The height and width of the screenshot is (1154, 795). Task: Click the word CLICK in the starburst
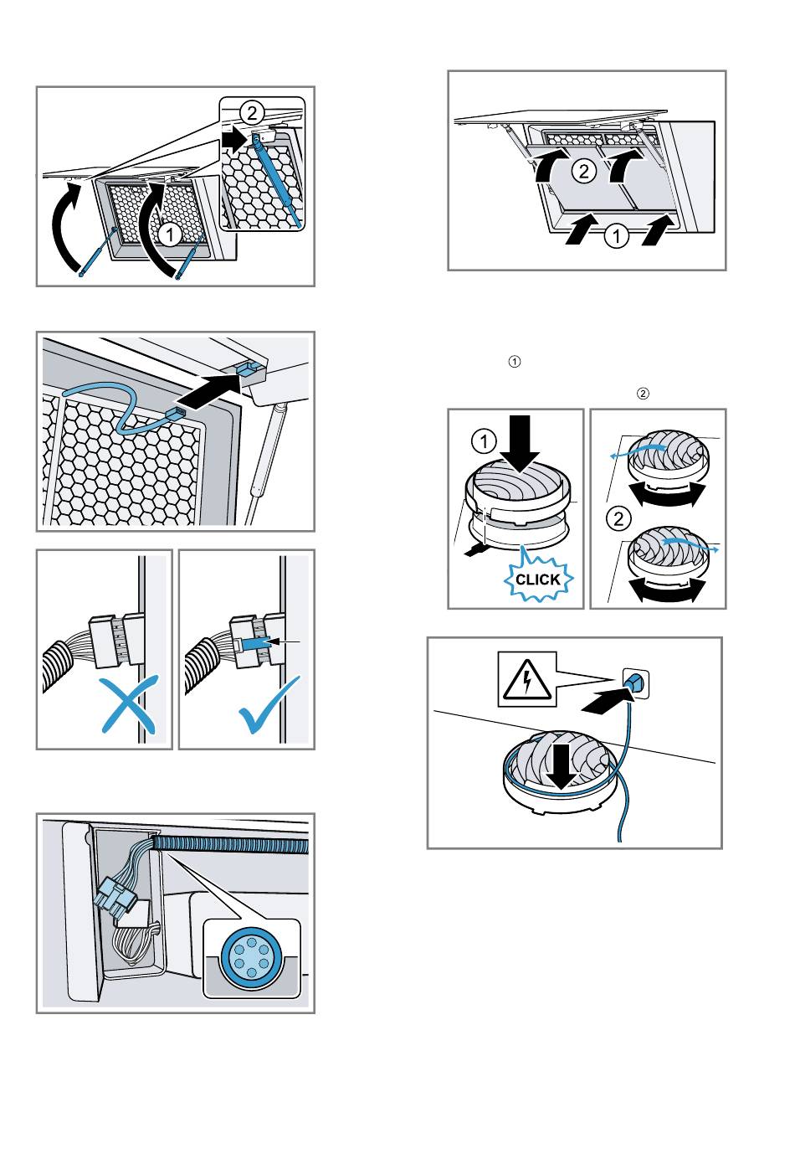[537, 580]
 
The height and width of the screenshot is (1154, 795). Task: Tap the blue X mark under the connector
[126, 706]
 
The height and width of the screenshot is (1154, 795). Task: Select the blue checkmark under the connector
[269, 705]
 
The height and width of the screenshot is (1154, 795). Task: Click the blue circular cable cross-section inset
[251, 957]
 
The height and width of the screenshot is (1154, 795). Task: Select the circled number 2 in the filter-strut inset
[251, 113]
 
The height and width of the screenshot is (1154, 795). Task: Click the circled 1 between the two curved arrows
[170, 234]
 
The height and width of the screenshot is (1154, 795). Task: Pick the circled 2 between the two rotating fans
[618, 518]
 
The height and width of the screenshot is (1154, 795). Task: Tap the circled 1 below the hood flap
[617, 237]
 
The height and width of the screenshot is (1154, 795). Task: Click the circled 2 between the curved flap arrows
[583, 172]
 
